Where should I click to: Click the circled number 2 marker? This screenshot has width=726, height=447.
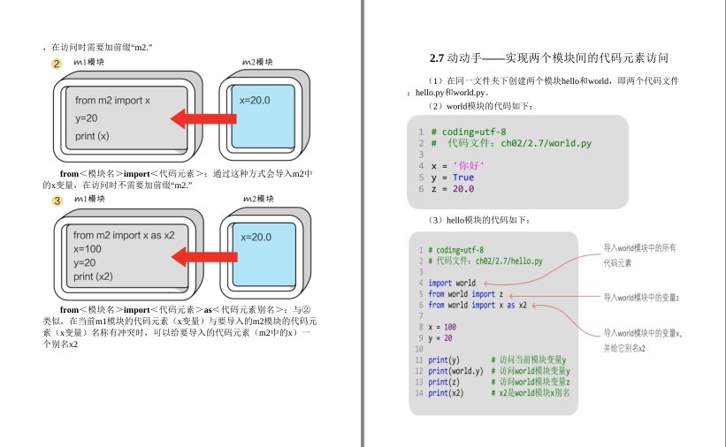tap(57, 64)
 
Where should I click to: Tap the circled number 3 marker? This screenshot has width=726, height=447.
tap(57, 201)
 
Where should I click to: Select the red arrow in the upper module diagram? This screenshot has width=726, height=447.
tap(203, 118)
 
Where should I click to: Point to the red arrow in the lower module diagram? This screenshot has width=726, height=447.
tap(203, 257)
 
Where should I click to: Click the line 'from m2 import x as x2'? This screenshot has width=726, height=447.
tap(124, 235)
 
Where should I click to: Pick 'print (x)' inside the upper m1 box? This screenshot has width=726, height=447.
tap(92, 136)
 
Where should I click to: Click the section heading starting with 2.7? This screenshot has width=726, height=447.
tap(542, 58)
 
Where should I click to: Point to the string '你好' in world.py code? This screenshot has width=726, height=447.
tap(469, 165)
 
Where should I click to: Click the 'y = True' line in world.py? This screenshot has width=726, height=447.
tap(452, 177)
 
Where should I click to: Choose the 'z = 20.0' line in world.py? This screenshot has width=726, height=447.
tap(452, 188)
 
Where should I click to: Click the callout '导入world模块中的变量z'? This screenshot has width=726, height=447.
tap(641, 298)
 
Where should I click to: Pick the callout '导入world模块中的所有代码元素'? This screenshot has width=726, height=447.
tap(639, 255)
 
